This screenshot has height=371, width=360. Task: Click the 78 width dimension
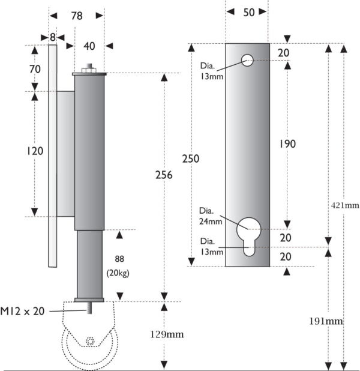click(x=76, y=17)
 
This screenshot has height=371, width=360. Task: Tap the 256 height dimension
click(x=163, y=175)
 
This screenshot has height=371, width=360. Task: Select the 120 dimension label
click(x=35, y=151)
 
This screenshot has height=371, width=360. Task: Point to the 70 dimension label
click(x=35, y=69)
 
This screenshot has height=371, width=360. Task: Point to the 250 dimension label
click(x=191, y=159)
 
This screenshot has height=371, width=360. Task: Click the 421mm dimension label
click(x=345, y=205)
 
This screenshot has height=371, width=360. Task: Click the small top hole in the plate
click(x=247, y=59)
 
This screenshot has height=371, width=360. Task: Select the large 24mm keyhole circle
click(x=248, y=229)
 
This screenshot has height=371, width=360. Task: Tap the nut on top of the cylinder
click(x=89, y=70)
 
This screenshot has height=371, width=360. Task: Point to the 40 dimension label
click(x=89, y=46)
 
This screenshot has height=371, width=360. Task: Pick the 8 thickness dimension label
click(x=53, y=37)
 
